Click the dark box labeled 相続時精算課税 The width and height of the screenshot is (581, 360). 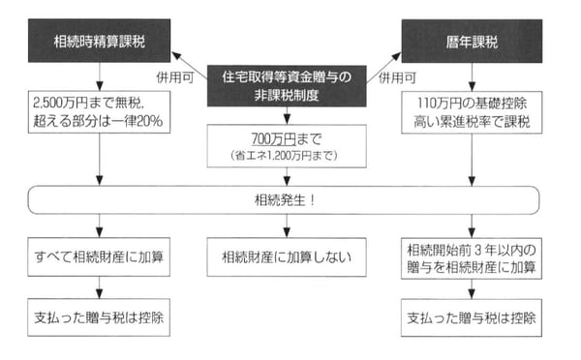click(101, 43)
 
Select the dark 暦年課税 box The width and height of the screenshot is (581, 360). click(471, 43)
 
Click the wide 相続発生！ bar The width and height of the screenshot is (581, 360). click(287, 201)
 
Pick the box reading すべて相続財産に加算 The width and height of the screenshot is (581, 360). click(101, 257)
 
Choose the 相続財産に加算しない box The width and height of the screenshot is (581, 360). click(287, 257)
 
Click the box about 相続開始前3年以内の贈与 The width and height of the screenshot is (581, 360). click(471, 257)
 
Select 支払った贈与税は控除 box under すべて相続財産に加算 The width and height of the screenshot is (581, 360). click(101, 315)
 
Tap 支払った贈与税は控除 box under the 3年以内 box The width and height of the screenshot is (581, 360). click(471, 315)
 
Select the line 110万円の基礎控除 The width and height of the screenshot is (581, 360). click(471, 104)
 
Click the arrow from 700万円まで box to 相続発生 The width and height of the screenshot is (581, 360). click(287, 176)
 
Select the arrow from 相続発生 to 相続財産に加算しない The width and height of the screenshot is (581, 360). click(287, 226)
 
